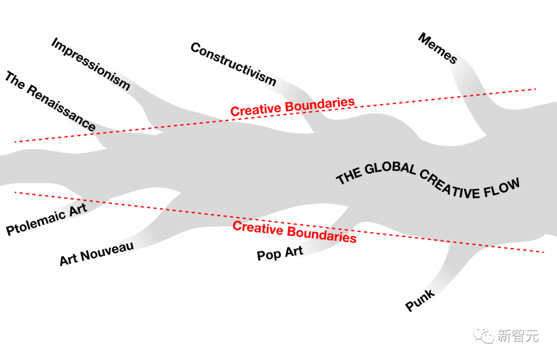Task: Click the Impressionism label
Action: tap(90, 64)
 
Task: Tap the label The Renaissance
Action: tap(50, 102)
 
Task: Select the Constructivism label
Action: tap(233, 63)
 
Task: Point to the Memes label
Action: tap(437, 48)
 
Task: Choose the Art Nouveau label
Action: tap(96, 253)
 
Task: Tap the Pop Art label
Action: tap(280, 253)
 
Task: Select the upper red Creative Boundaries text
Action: tap(292, 107)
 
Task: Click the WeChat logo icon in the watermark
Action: tap(484, 336)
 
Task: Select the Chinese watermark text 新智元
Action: tap(518, 336)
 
